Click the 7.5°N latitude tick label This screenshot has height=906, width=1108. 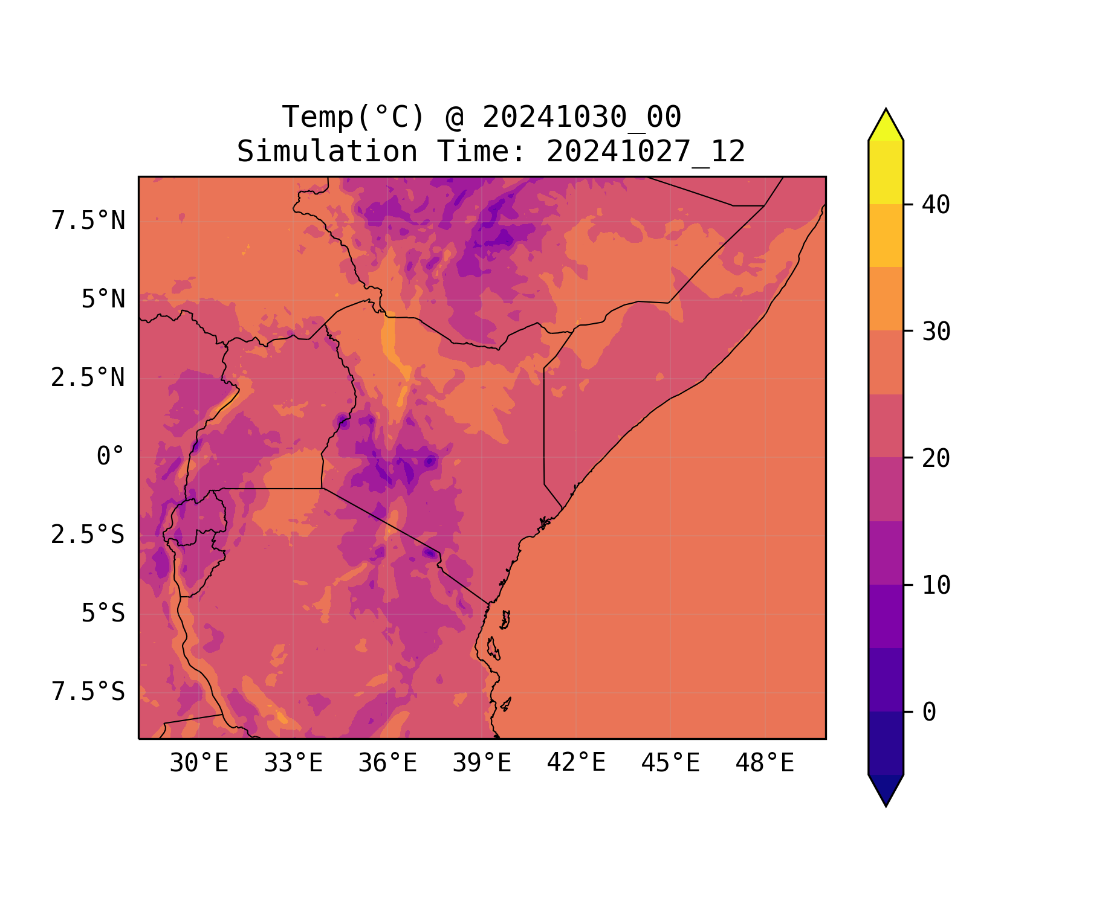pos(88,220)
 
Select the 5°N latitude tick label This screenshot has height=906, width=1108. pos(103,299)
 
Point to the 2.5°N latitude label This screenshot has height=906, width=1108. pos(88,377)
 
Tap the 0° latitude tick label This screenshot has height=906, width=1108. pos(111,456)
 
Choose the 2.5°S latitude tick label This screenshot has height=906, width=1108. pos(88,535)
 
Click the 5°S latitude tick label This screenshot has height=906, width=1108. pos(103,613)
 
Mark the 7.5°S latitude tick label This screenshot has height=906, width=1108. pos(88,692)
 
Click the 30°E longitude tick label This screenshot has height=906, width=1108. pos(199,763)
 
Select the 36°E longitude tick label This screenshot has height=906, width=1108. pos(387,763)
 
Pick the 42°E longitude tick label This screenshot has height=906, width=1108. pos(576,763)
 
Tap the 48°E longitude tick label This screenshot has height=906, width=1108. pos(765,763)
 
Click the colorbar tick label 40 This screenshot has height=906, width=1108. pos(936,205)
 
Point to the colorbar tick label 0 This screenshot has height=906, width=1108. pos(929,712)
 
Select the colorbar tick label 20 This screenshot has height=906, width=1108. pos(936,458)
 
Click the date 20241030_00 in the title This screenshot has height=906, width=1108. pos(582,117)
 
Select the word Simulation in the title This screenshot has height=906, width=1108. pos(327,152)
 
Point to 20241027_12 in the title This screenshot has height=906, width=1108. pos(646,152)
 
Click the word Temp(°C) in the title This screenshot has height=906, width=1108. pos(354,117)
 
